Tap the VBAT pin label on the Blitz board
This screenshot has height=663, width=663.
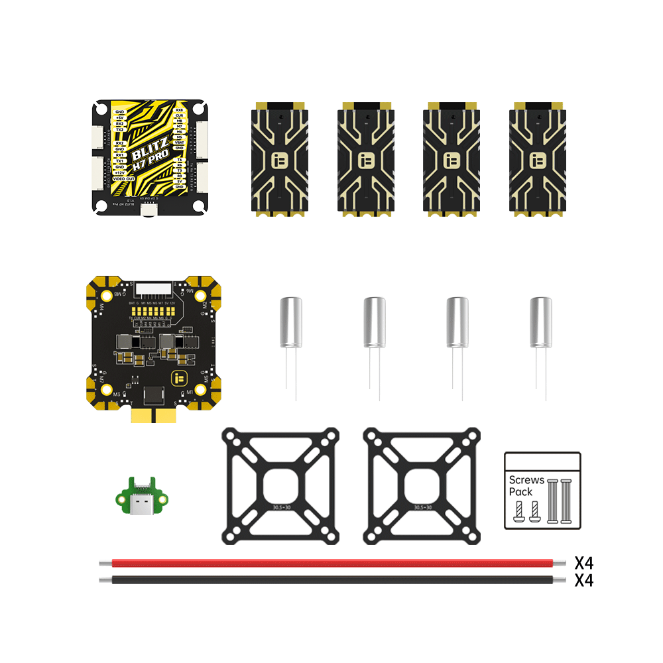(x=179, y=142)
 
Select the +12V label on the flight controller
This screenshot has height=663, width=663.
(x=120, y=173)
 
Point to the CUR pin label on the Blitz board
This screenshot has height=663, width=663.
(x=179, y=115)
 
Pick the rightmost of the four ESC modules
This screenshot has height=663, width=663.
(x=538, y=158)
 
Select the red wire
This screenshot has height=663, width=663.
(x=331, y=563)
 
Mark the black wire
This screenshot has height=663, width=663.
(x=331, y=580)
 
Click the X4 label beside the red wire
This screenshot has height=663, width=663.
(x=583, y=564)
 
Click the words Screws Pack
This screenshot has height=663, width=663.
(x=526, y=485)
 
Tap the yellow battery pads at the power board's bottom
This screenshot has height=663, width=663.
(x=153, y=416)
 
